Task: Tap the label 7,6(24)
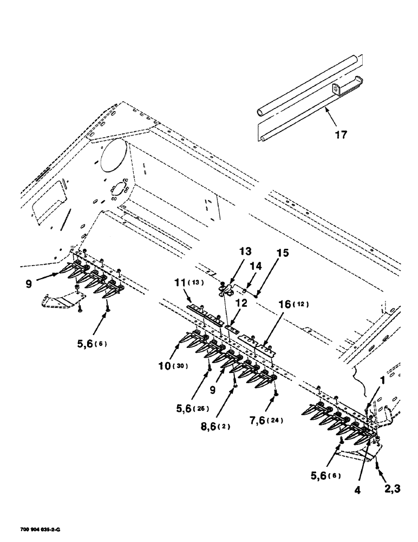282,420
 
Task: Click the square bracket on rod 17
337,89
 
